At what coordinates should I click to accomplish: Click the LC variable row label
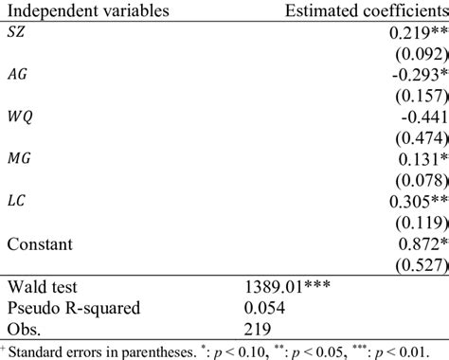(17, 201)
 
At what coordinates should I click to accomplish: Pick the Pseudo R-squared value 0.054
(265, 308)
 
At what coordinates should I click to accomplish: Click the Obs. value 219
(259, 329)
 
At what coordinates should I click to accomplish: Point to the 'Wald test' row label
(40, 287)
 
